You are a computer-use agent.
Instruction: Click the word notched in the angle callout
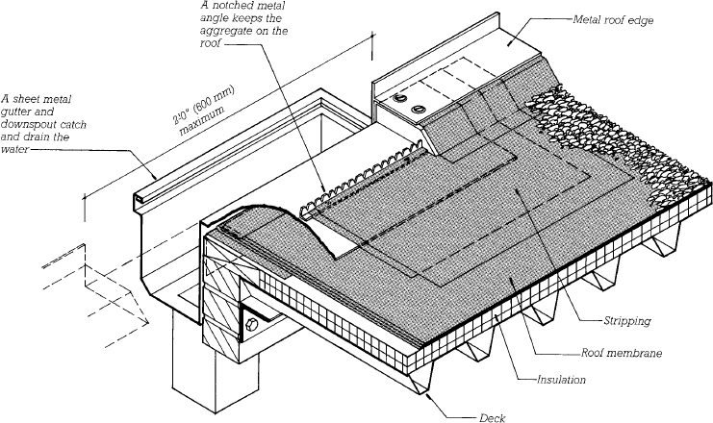click(x=233, y=7)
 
